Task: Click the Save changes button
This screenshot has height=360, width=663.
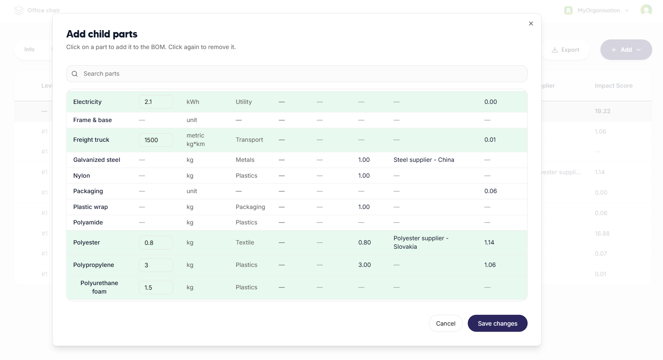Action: (497, 323)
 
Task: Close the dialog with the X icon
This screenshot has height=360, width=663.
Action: (531, 24)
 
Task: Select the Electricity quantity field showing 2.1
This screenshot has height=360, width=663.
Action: (156, 102)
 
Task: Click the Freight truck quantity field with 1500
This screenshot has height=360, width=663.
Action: (156, 140)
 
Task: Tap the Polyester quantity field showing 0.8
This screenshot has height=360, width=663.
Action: (156, 243)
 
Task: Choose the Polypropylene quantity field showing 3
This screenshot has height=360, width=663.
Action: (156, 265)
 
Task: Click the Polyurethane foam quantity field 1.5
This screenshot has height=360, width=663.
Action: (156, 287)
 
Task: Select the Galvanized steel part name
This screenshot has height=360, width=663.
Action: (97, 160)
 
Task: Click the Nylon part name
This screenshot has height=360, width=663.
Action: (81, 176)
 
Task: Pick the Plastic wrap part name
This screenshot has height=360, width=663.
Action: (90, 207)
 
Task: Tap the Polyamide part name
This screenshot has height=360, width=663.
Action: (88, 222)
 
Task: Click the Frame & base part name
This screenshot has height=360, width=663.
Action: (92, 120)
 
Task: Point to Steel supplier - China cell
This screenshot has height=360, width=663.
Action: (424, 160)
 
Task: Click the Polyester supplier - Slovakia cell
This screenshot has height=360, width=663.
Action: (421, 243)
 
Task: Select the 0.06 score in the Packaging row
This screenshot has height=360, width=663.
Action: (490, 191)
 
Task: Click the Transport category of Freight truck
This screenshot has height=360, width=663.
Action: (249, 140)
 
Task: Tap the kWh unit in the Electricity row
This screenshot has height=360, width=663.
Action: (193, 102)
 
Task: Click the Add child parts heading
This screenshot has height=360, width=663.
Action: (102, 34)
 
